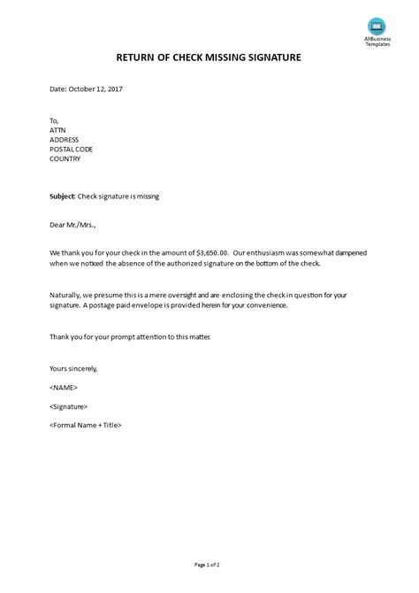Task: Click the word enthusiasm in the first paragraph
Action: click(x=268, y=253)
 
